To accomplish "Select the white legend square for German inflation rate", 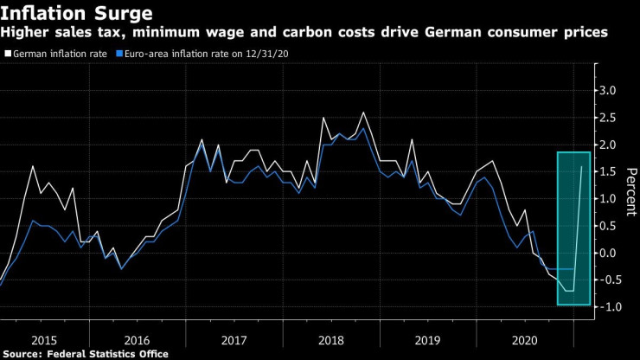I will (x=8, y=54).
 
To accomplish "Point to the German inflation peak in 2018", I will (x=363, y=112).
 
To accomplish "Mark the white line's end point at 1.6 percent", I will (x=581, y=166).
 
